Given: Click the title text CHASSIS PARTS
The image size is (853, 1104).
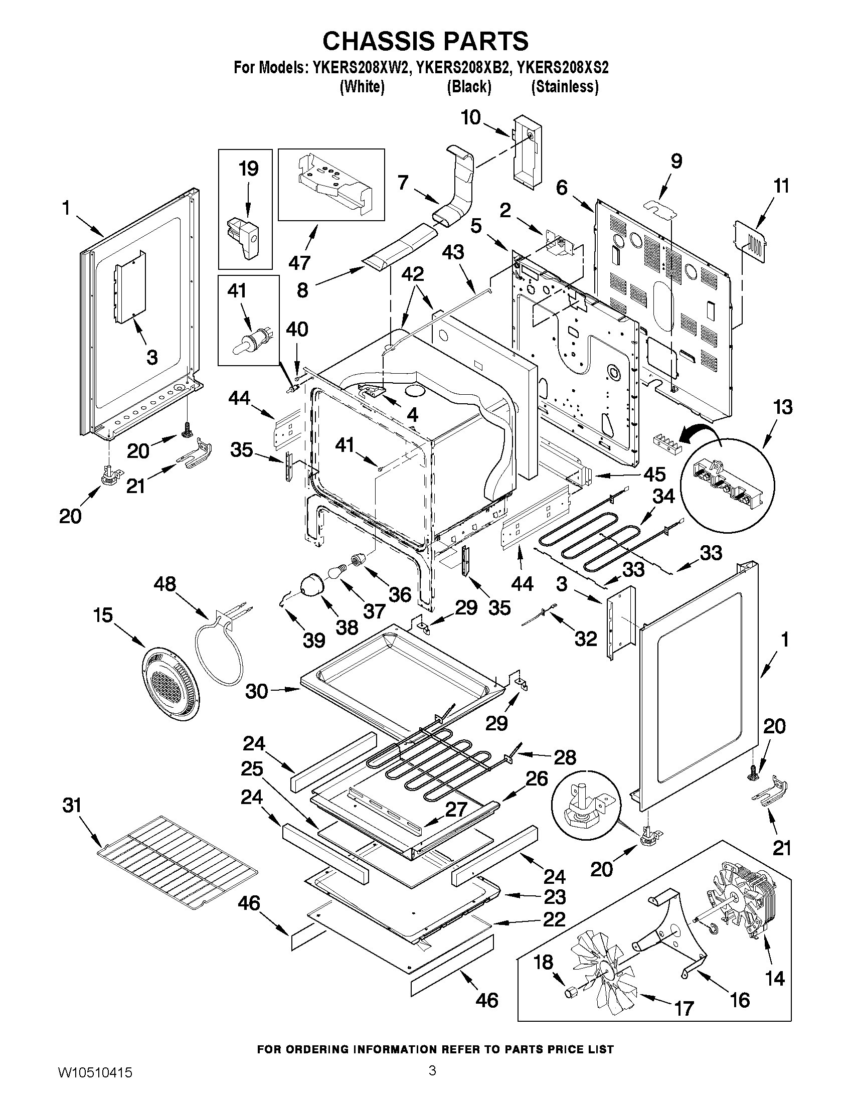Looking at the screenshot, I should [x=425, y=42].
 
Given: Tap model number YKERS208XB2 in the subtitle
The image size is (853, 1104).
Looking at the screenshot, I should [x=461, y=68].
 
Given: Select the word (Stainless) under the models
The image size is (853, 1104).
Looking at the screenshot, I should [x=565, y=87].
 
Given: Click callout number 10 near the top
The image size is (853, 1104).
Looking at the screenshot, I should [x=470, y=118].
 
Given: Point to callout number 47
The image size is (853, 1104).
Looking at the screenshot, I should [x=299, y=263].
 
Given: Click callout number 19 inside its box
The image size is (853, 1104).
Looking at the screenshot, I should [x=248, y=169].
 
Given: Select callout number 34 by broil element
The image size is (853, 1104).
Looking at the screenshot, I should [x=663, y=497].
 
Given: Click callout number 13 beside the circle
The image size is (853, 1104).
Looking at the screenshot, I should [x=783, y=407].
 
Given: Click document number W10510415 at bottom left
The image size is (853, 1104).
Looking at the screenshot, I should [x=91, y=1084].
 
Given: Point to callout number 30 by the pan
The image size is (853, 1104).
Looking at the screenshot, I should [x=256, y=691].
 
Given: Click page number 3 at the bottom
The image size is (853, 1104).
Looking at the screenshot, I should [x=432, y=1082].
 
